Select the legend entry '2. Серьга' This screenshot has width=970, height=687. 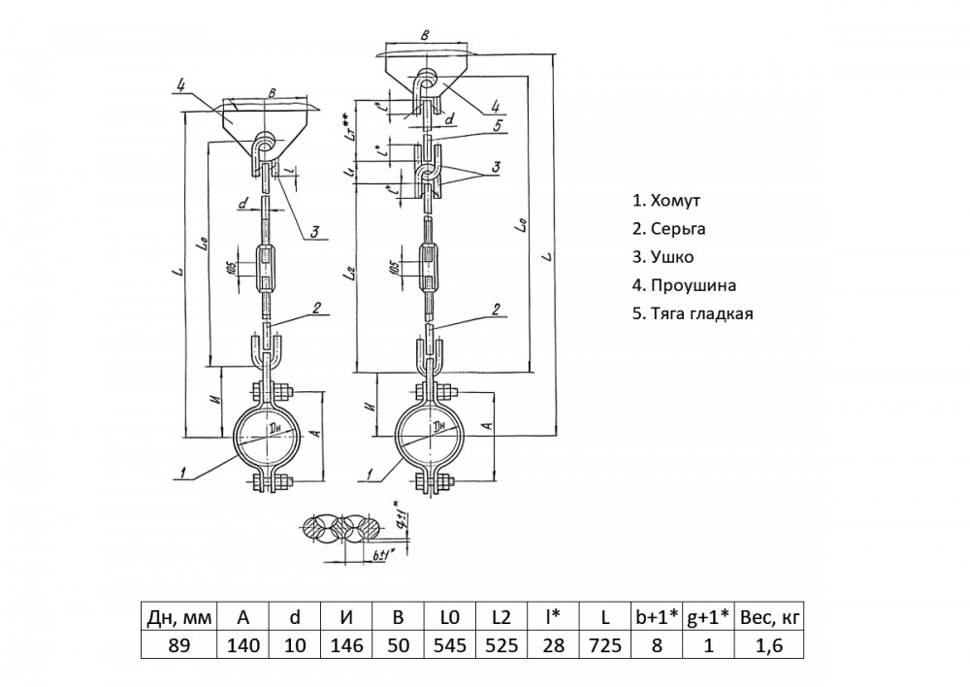click(669, 229)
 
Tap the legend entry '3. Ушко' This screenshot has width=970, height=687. click(663, 257)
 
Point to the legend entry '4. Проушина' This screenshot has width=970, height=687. click(684, 285)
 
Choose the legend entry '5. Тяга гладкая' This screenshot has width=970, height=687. click(693, 313)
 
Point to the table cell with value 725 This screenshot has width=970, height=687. click(605, 645)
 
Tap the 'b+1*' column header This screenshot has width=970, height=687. click(658, 616)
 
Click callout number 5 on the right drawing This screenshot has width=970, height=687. click(496, 124)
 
